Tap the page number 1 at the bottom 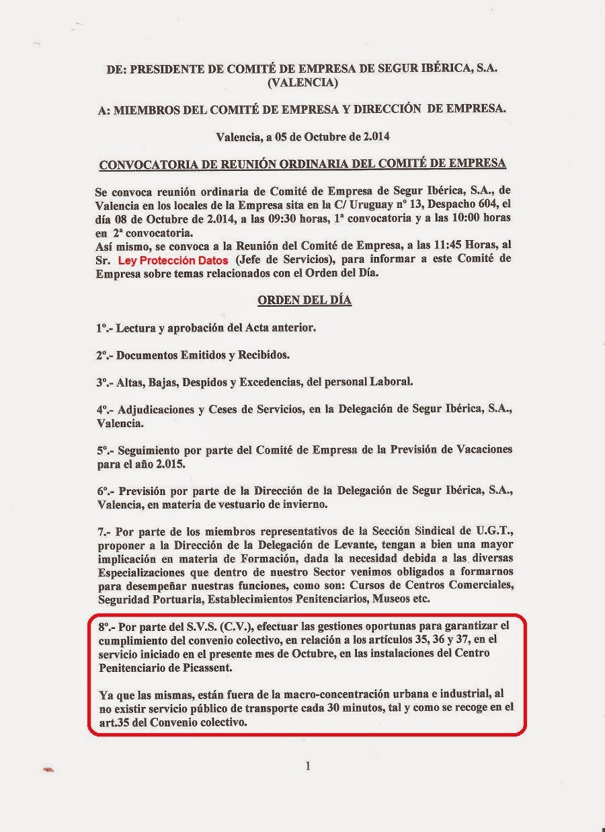[307, 765]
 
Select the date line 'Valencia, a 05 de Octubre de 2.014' [302, 137]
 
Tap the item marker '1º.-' [105, 329]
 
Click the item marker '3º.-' [105, 382]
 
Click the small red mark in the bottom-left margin [48, 768]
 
